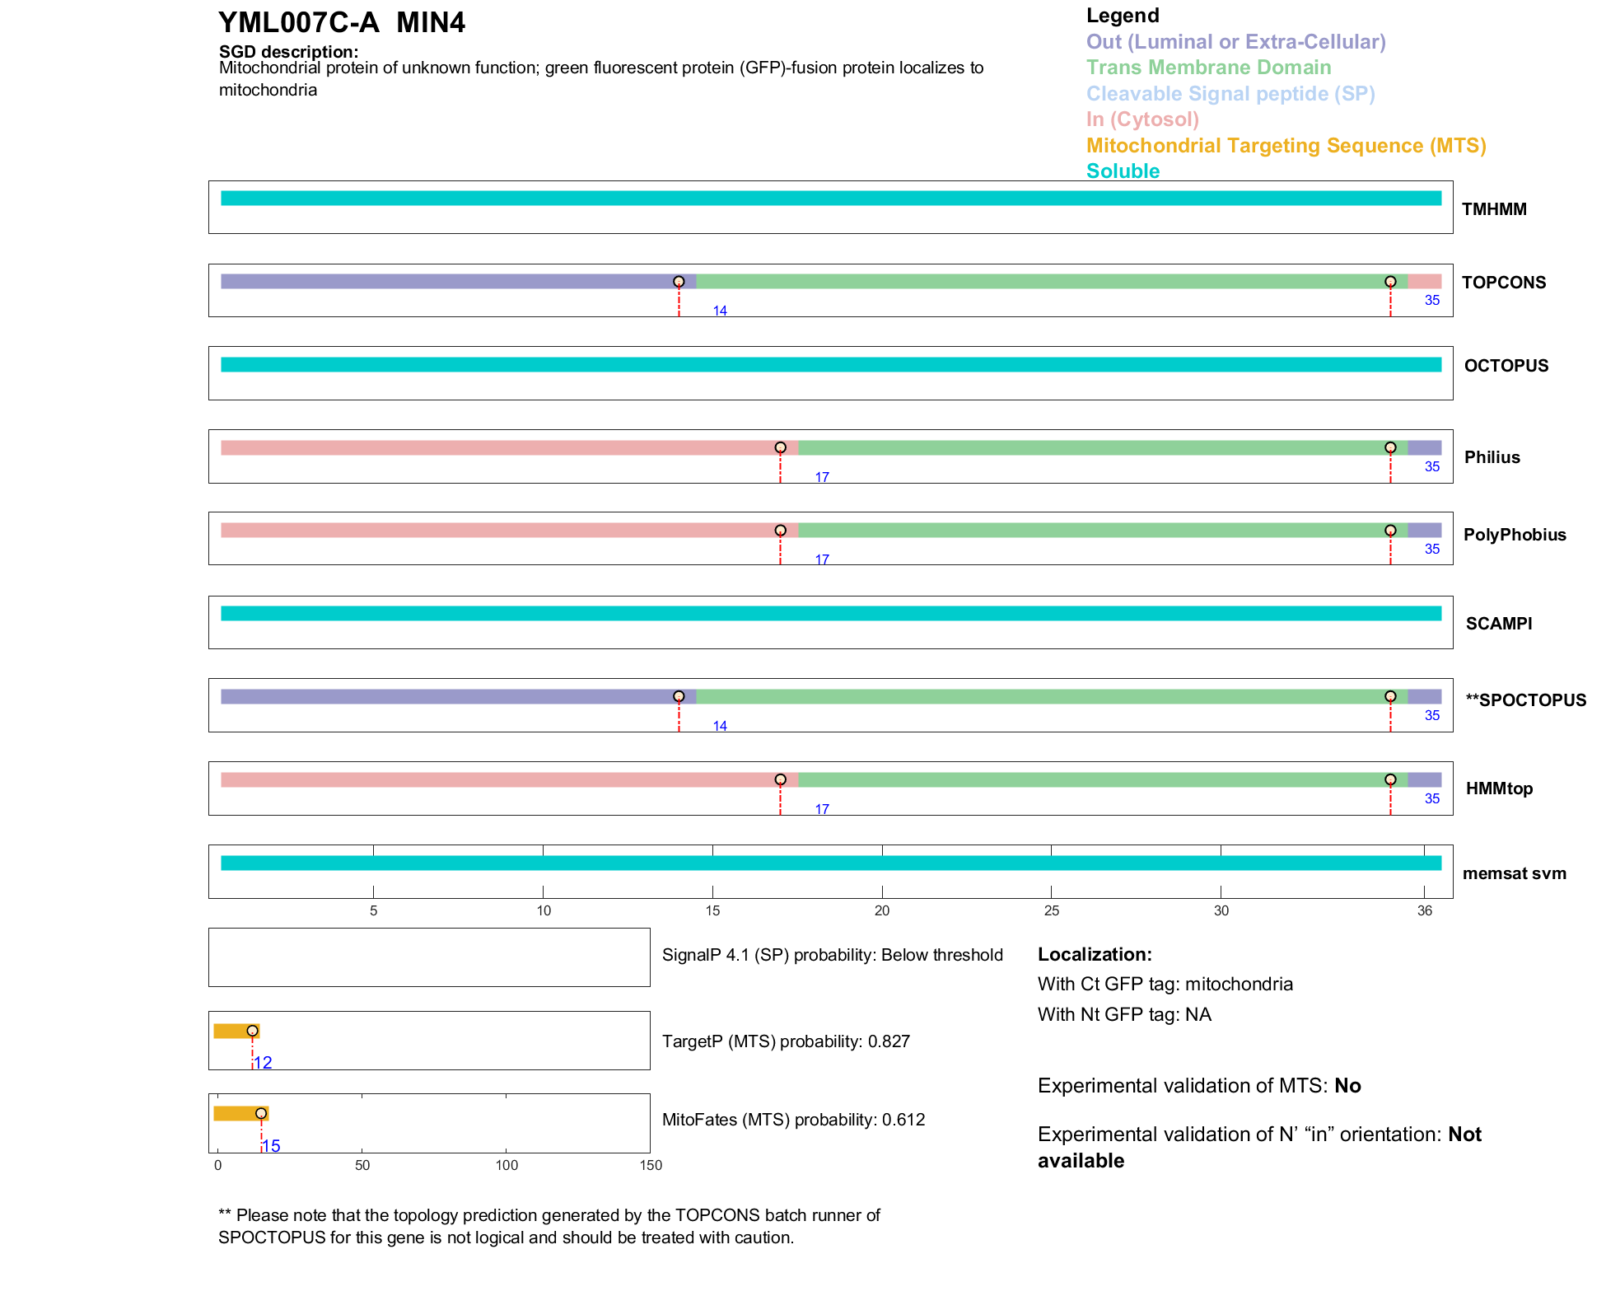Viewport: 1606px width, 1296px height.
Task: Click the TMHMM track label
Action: coord(1493,209)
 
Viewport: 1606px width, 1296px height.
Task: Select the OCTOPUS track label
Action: coord(1506,366)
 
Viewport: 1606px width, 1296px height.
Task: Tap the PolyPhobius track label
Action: coord(1514,535)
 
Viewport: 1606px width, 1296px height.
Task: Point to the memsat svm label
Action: coord(1514,873)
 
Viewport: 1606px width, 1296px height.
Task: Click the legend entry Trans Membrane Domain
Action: coord(1208,68)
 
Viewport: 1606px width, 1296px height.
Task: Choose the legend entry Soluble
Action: coord(1123,171)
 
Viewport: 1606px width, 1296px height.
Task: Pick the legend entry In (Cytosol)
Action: coord(1142,119)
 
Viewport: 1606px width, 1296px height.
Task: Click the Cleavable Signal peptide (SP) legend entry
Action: coord(1230,94)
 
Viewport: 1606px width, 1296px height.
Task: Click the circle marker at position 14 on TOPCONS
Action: coord(679,282)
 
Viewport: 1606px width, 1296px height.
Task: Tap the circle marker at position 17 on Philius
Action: coord(780,447)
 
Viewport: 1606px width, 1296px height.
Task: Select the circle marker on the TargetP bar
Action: coord(252,1031)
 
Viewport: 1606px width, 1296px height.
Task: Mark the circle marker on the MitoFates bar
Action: coord(261,1113)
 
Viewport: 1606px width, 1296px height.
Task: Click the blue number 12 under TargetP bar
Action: coord(264,1063)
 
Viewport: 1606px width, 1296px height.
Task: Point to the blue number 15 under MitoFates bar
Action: coord(272,1146)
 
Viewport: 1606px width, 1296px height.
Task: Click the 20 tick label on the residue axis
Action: coord(882,910)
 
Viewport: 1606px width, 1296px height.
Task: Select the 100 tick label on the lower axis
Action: coord(507,1165)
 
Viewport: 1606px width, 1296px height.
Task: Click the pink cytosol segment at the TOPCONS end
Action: coord(1424,282)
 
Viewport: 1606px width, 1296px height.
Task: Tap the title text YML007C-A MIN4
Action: coord(341,22)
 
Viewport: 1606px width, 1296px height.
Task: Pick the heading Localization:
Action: coord(1094,954)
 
